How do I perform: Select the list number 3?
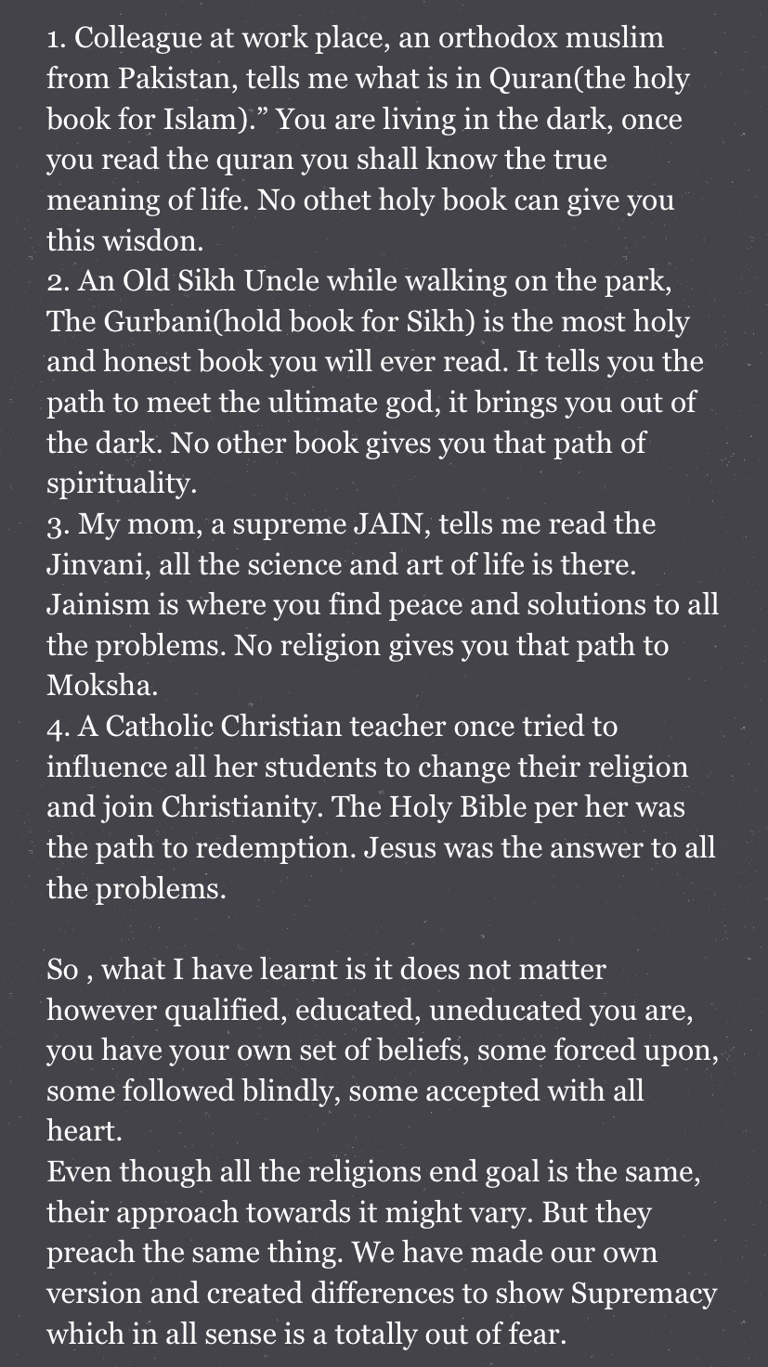click(x=56, y=524)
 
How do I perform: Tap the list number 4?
click(x=56, y=727)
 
